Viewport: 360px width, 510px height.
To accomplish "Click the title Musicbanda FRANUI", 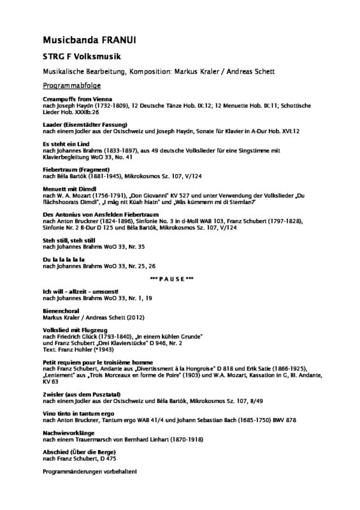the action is click(x=87, y=40).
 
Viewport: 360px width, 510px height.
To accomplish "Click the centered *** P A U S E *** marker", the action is click(x=180, y=279).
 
